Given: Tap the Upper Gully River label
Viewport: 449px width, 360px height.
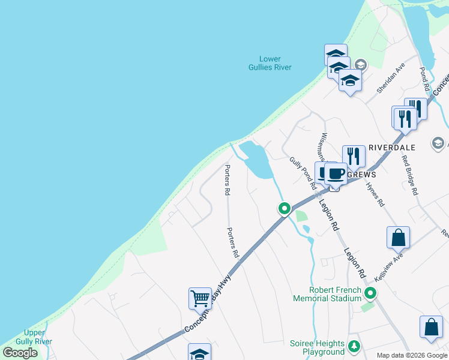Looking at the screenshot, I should pos(34,337).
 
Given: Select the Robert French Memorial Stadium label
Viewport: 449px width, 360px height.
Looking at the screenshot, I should pos(327,294).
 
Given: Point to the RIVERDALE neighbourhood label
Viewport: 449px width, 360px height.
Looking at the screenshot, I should pos(392,147).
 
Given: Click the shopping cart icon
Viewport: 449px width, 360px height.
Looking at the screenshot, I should pos(199,297).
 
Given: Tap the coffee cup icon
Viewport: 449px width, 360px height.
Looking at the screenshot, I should pos(336,173).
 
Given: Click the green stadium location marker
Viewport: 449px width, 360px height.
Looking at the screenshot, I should pos(370,293).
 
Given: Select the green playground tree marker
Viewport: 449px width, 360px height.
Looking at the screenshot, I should pos(354,346).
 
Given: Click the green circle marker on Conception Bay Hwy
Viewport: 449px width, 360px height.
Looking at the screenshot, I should pos(284,209).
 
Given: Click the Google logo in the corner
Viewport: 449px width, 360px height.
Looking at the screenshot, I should pos(20,353).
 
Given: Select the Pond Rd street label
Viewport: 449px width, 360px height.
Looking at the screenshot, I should pos(424,79).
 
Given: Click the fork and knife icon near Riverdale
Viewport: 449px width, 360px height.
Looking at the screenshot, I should pos(354,156).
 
